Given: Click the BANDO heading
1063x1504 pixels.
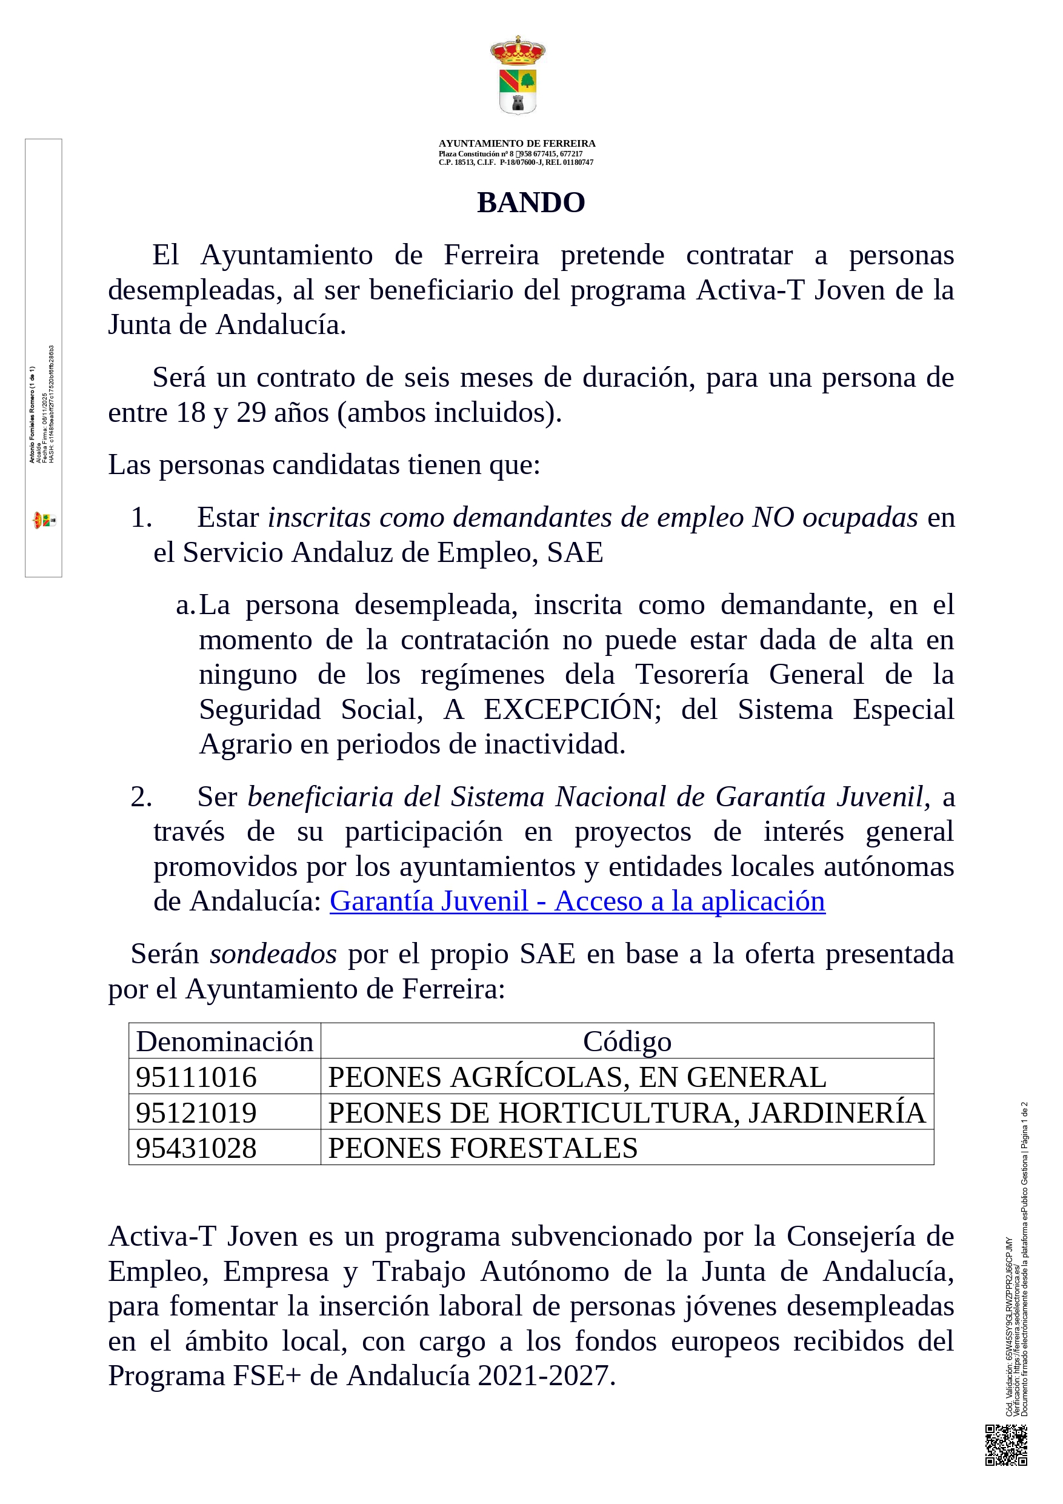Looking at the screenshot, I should coord(530,202).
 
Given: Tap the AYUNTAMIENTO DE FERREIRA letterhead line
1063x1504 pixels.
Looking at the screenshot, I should coord(517,144).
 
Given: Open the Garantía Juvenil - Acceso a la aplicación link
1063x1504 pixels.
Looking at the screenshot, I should coord(577,901).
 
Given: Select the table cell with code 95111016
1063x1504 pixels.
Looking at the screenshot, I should coord(196,1078).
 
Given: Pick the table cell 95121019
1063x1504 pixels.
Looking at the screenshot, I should coord(196,1113).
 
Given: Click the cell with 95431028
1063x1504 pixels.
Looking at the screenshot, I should coord(196,1148).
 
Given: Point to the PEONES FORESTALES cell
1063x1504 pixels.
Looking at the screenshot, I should coord(482,1148).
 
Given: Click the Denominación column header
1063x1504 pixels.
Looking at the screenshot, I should coord(225,1042).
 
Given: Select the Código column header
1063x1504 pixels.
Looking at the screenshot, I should coord(627,1042).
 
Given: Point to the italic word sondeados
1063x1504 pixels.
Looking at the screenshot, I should coord(273,954).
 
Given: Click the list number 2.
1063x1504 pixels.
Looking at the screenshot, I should coord(141,797).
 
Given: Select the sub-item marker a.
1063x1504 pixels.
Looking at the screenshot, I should coord(185,605).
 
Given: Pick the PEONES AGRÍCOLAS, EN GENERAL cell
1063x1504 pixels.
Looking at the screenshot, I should coord(577,1078).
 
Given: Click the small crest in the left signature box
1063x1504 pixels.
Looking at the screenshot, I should coord(44,521).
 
